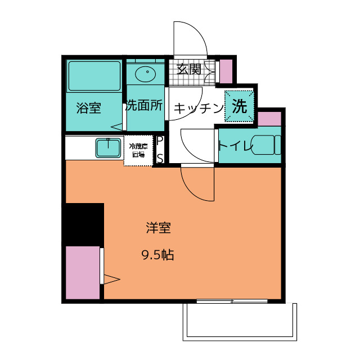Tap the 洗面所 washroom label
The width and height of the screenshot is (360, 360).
[x=145, y=105]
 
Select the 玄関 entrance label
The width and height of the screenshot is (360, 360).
[x=188, y=70]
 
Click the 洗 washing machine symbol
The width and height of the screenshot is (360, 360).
[x=240, y=106]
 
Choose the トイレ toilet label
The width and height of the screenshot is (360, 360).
[x=236, y=146]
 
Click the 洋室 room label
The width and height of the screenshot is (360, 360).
[x=158, y=228]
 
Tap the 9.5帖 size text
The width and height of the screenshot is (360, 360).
[x=157, y=255]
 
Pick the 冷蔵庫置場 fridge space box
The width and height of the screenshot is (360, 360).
[x=138, y=151]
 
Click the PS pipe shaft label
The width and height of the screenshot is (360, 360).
[x=160, y=149]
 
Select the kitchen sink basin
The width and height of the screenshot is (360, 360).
[x=109, y=148]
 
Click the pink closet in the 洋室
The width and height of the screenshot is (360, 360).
[x=82, y=273]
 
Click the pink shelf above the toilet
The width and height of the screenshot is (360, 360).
[x=269, y=119]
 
